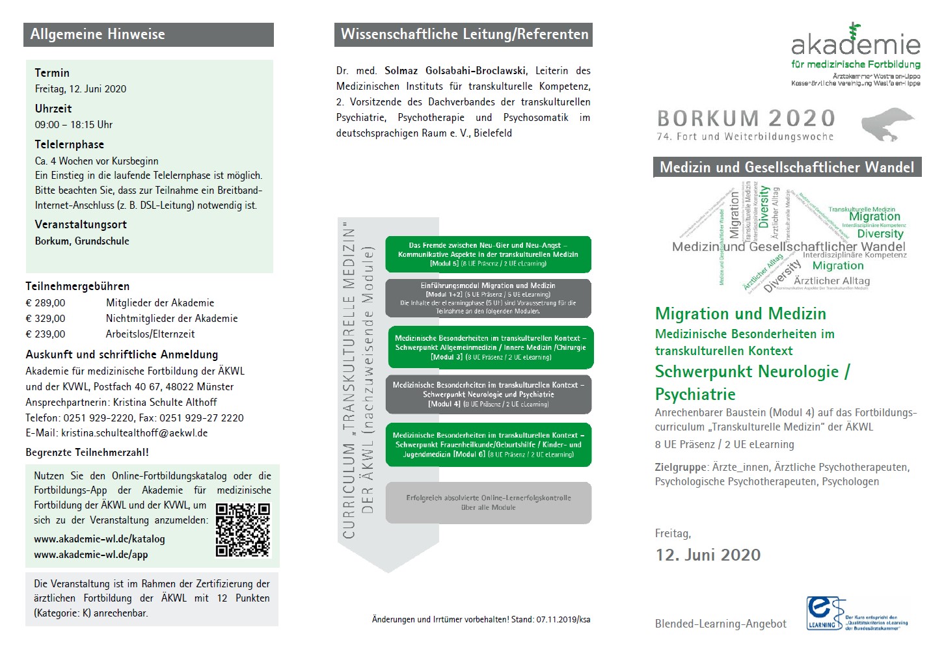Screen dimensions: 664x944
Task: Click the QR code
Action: pyautogui.click(x=243, y=529)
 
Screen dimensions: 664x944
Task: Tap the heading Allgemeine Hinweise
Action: pyautogui.click(x=98, y=34)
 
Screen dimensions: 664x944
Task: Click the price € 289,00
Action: pyautogui.click(x=46, y=303)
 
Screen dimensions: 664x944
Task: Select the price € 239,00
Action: pyautogui.click(x=46, y=334)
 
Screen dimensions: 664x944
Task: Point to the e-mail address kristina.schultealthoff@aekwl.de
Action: pyautogui.click(x=135, y=433)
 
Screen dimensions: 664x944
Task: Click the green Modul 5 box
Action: pyautogui.click(x=488, y=254)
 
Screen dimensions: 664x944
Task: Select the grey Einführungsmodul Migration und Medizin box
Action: pyautogui.click(x=488, y=299)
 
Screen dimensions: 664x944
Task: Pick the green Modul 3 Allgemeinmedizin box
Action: pyautogui.click(x=491, y=347)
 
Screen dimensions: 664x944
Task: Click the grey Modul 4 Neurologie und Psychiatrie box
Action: pyautogui.click(x=488, y=394)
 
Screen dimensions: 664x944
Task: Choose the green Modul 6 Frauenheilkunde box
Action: pyautogui.click(x=488, y=445)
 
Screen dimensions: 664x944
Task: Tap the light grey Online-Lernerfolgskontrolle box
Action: pyautogui.click(x=488, y=503)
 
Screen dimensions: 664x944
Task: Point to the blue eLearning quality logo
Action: pyautogui.click(x=825, y=613)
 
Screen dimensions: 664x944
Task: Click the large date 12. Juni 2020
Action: pyautogui.click(x=708, y=555)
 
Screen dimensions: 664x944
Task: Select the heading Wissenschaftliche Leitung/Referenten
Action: pyautogui.click(x=464, y=34)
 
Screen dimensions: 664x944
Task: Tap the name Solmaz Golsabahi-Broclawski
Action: pyautogui.click(x=455, y=71)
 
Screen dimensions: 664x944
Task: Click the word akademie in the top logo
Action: pyautogui.click(x=856, y=44)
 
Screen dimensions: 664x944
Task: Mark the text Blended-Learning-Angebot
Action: pyautogui.click(x=720, y=624)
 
